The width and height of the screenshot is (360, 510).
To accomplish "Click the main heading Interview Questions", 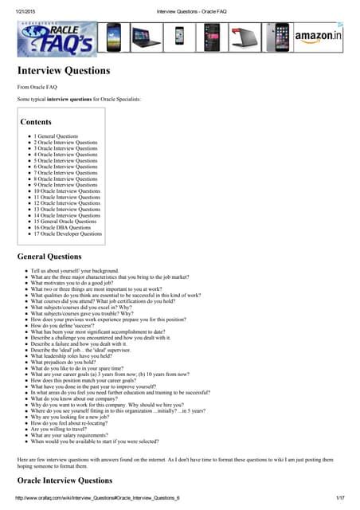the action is pyautogui.click(x=64, y=71).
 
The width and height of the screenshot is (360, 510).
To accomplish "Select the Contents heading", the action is pyautogui.click(x=36, y=122).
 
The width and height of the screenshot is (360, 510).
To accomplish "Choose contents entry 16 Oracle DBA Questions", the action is pyautogui.click(x=62, y=228).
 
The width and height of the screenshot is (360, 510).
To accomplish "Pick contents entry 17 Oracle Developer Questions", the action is pyautogui.click(x=68, y=234).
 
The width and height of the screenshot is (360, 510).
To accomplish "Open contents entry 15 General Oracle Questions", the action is pyautogui.click(x=66, y=222).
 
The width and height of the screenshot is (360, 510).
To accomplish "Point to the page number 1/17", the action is pyautogui.click(x=342, y=498).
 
